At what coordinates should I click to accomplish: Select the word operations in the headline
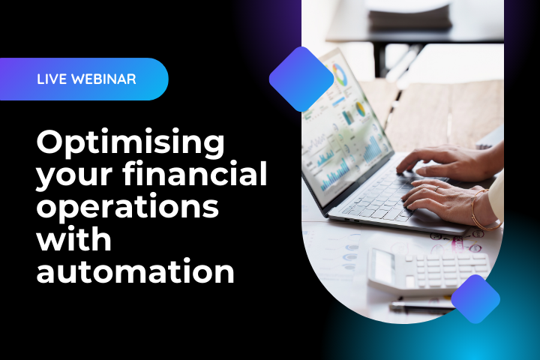[127, 208]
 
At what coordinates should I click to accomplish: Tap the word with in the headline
[73, 239]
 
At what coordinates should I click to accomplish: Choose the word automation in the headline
[135, 271]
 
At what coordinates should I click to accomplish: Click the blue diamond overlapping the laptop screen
[301, 79]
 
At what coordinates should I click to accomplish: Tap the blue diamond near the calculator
[475, 298]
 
